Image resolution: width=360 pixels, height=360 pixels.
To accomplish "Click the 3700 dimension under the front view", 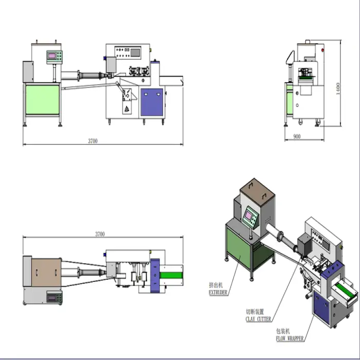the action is pos(93,141).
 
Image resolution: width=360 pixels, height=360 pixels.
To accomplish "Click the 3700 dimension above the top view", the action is pos(100,234).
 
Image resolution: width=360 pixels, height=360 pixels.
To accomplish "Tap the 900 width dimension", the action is pos(297,136).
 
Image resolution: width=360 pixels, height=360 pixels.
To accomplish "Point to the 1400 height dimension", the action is pos(338,88).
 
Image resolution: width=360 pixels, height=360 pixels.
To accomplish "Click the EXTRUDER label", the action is pos(218,293).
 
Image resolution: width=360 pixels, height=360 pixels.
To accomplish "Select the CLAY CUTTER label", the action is pos(258,319).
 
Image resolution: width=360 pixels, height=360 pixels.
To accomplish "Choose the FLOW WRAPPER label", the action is pos(290,338).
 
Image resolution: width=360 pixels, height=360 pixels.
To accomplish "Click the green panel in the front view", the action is pos(43,99).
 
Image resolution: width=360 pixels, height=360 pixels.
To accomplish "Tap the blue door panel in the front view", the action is pos(152,102).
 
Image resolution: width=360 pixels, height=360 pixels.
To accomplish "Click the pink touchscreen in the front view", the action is pos(52,56).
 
